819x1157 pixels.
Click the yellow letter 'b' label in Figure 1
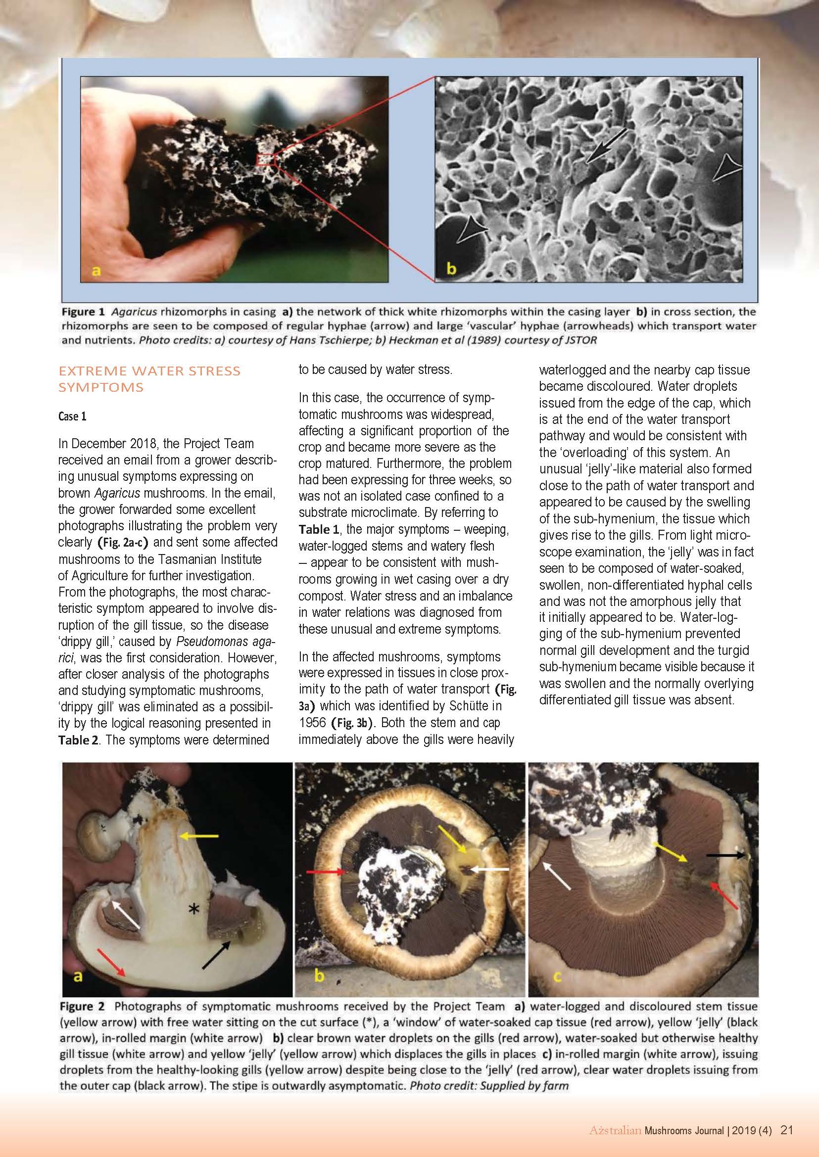[451, 269]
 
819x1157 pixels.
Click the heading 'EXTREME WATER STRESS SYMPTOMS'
[149, 378]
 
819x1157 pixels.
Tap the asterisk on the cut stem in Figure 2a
[193, 909]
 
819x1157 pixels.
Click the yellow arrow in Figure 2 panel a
[199, 836]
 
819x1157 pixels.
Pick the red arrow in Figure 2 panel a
[111, 962]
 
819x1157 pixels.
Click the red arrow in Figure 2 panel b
[328, 871]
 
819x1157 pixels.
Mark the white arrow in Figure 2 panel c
[557, 876]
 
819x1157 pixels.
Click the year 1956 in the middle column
[312, 722]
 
